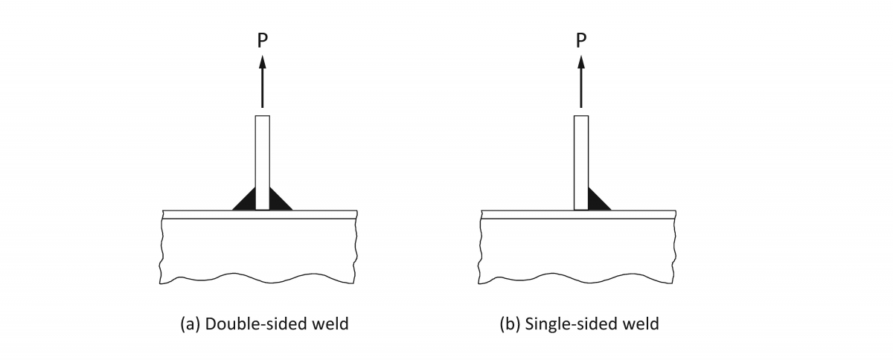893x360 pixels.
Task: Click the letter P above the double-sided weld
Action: point(262,40)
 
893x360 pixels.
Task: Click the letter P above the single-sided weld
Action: point(580,40)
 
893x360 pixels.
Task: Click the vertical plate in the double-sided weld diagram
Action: point(262,160)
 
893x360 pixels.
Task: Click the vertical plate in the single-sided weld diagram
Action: point(581,160)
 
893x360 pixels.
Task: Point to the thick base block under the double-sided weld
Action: point(259,249)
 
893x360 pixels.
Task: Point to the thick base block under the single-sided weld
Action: point(578,249)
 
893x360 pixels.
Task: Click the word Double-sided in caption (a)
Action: point(242,325)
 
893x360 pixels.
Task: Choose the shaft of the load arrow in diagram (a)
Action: point(262,89)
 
